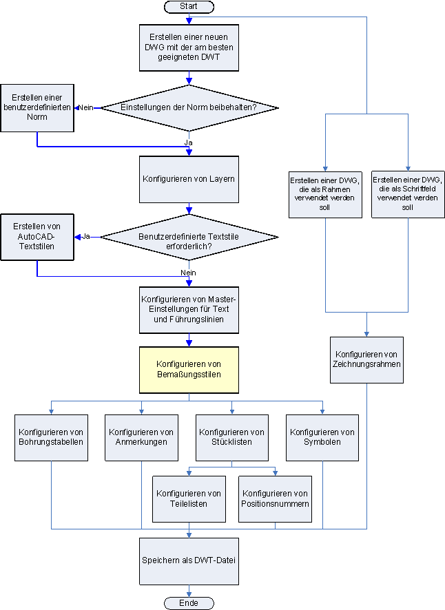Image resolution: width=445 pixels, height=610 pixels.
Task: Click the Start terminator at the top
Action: click(189, 6)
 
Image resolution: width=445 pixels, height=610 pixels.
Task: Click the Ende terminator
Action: click(189, 603)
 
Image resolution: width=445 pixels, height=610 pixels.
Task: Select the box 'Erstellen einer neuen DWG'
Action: click(189, 48)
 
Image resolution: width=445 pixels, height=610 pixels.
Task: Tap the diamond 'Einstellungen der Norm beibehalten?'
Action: click(189, 107)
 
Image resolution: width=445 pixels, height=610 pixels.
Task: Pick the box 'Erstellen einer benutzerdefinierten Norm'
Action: click(37, 107)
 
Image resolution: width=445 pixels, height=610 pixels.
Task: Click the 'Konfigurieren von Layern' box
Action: click(189, 179)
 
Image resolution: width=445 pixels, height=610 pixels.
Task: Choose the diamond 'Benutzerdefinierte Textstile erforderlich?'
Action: click(189, 237)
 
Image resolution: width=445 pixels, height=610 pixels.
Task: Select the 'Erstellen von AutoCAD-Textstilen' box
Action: click(37, 237)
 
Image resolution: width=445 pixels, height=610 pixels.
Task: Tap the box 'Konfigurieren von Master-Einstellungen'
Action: click(189, 309)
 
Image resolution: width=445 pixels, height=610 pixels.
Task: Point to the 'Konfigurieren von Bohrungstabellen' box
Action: click(51, 437)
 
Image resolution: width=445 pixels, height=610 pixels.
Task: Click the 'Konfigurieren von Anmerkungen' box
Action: click(141, 437)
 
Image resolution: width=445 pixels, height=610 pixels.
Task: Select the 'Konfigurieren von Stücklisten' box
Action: click(231, 437)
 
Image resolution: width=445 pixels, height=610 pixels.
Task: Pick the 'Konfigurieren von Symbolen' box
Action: click(322, 437)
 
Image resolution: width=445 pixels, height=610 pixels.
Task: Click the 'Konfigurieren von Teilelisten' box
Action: click(189, 498)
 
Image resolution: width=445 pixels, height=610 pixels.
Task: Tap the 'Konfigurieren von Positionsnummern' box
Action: click(276, 498)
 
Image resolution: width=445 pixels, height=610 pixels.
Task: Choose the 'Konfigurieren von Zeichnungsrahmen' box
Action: click(366, 359)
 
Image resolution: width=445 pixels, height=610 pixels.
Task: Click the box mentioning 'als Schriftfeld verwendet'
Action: click(408, 193)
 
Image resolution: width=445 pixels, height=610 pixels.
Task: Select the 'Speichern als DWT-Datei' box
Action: click(189, 560)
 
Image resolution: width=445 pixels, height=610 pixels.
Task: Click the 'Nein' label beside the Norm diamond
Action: click(86, 108)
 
